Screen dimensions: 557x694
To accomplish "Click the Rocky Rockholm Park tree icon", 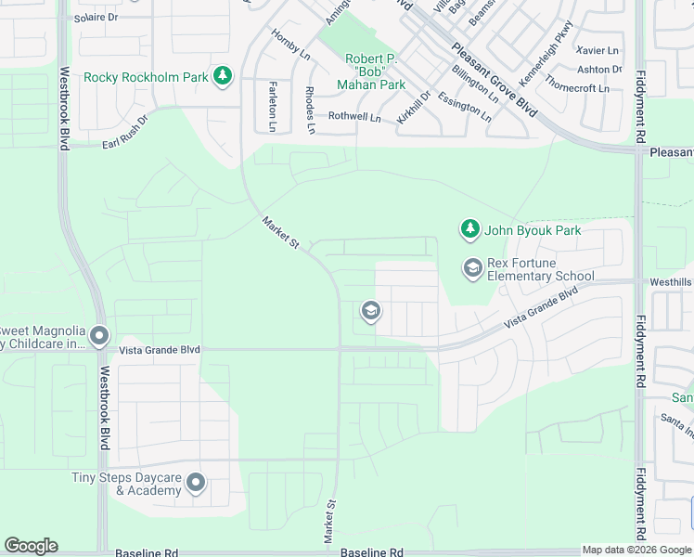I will click(x=222, y=76).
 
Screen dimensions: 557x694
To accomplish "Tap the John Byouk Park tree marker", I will click(x=470, y=228).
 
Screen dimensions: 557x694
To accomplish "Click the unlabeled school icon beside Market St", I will click(x=370, y=310).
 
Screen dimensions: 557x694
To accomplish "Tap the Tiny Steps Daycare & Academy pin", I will click(x=196, y=483).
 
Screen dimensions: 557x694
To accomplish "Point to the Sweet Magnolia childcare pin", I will click(x=99, y=336).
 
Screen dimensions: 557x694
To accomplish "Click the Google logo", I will click(x=31, y=546).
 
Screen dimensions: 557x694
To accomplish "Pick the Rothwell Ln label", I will click(x=354, y=118).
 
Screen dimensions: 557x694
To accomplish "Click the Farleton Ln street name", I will click(x=272, y=106).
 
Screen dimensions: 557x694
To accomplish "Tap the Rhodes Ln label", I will click(x=310, y=109).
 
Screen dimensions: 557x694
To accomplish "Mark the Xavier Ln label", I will click(x=598, y=50).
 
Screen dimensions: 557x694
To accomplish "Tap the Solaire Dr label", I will click(x=96, y=18).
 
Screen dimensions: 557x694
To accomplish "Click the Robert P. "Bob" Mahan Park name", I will click(x=376, y=71).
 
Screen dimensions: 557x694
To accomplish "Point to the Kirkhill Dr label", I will click(x=414, y=107).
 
